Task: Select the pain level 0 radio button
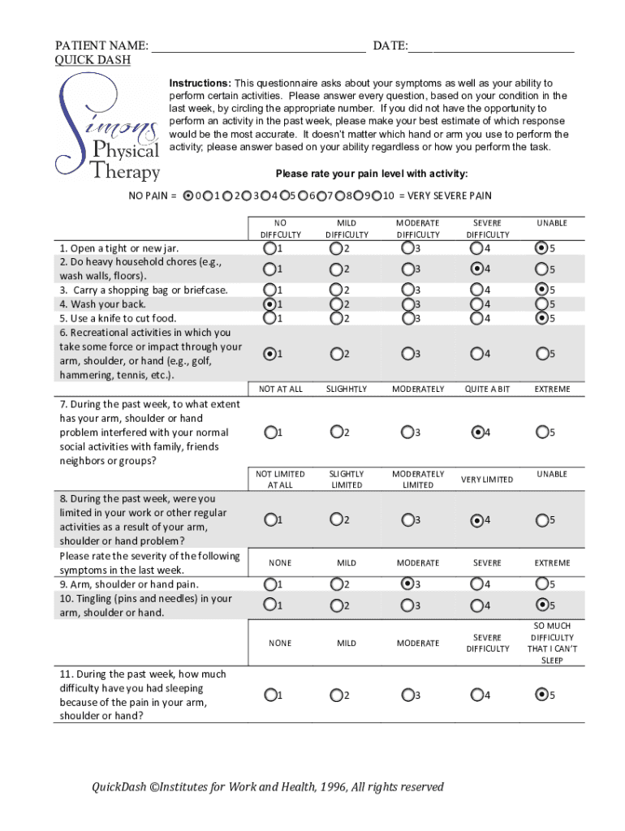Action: click(x=189, y=196)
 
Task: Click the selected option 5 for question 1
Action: click(x=541, y=248)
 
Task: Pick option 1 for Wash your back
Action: click(x=269, y=304)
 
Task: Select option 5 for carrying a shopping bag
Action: click(x=541, y=289)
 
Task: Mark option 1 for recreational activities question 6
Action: click(x=269, y=354)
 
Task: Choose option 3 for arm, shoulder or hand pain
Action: click(x=407, y=583)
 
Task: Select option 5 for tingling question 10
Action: click(x=541, y=605)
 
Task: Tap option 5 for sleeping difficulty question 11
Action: click(x=541, y=695)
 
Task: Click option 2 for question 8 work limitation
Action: click(x=336, y=519)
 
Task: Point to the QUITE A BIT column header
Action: click(x=487, y=390)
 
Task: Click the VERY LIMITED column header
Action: click(x=487, y=480)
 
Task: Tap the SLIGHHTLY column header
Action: click(x=347, y=390)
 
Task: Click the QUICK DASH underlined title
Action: click(x=93, y=60)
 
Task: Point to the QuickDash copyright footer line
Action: click(x=267, y=786)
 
